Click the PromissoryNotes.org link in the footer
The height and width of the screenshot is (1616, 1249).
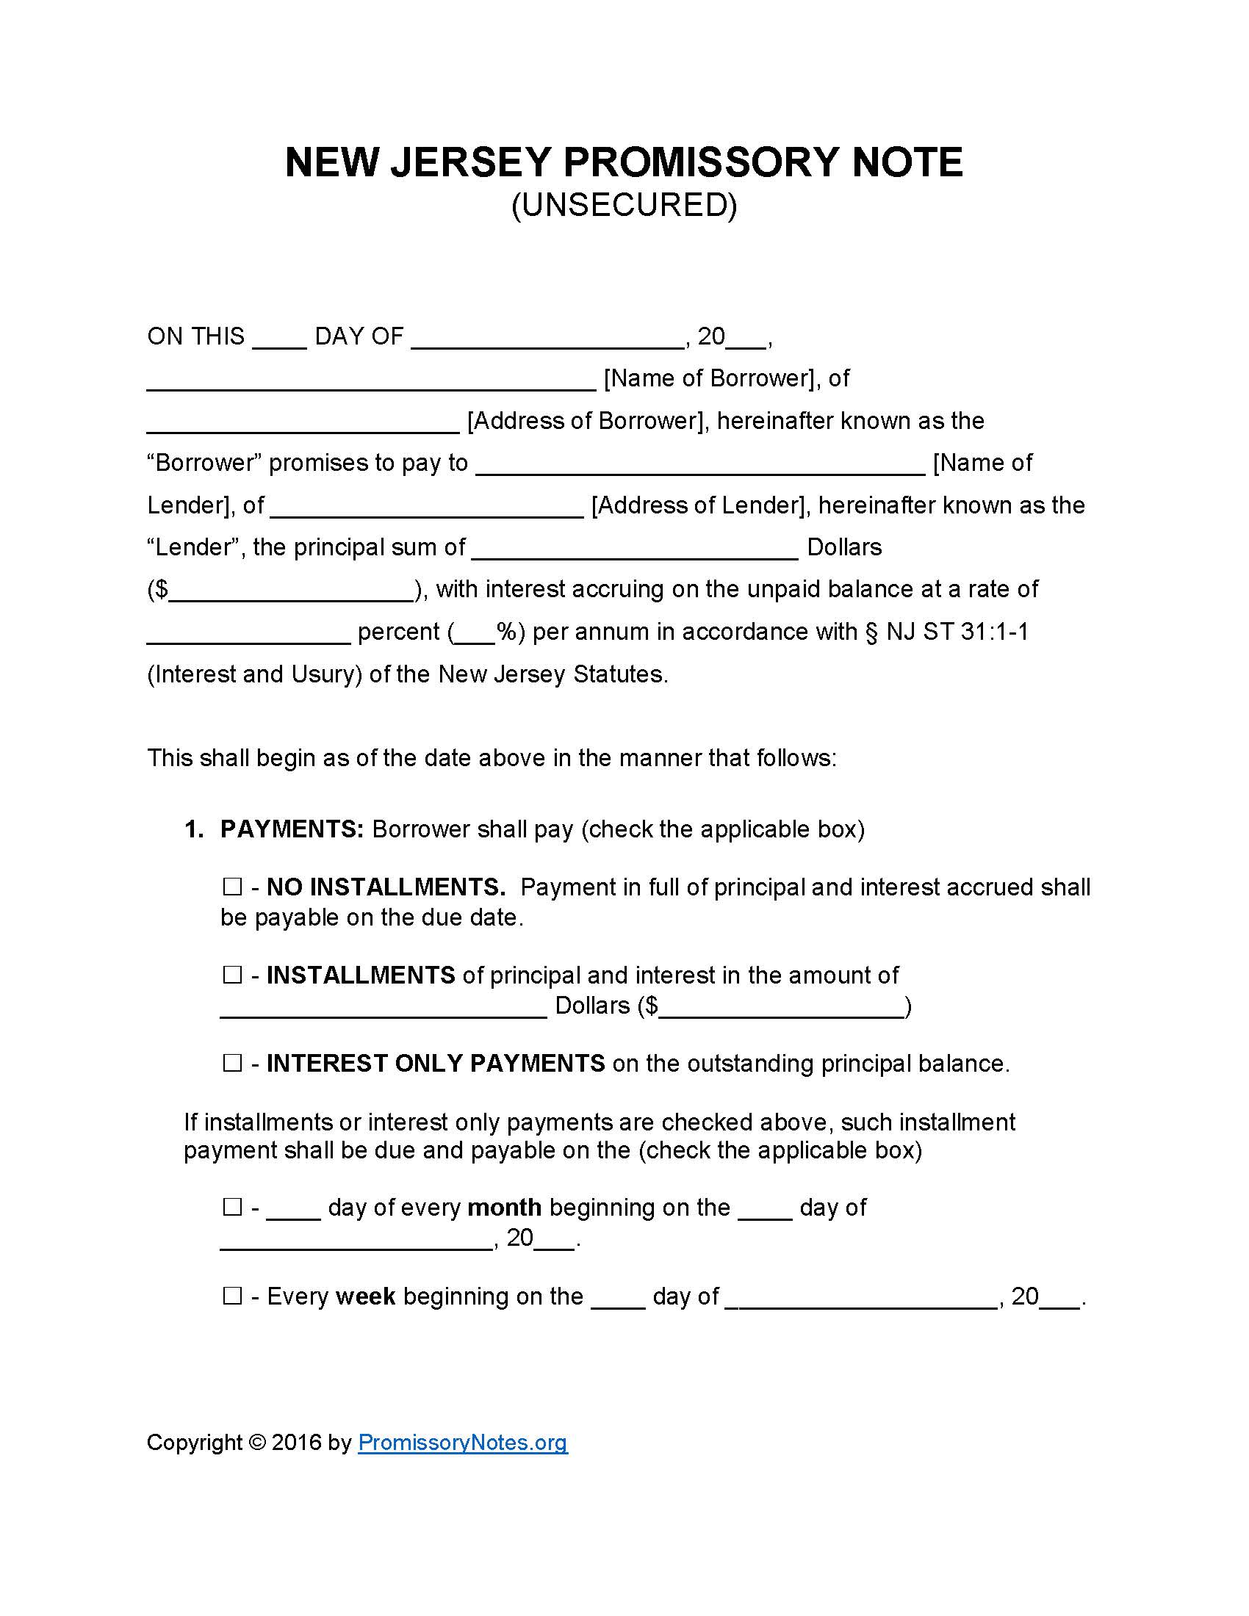(462, 1442)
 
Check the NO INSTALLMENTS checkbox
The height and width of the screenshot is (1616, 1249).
(232, 887)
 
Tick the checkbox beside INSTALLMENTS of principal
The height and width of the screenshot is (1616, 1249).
(232, 975)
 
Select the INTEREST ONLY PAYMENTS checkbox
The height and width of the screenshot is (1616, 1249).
(232, 1064)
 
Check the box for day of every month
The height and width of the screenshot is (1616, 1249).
(232, 1208)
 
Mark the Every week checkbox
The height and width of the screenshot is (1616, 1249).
(232, 1296)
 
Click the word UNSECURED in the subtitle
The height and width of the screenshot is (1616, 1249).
(624, 205)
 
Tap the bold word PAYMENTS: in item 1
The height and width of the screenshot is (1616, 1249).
(292, 829)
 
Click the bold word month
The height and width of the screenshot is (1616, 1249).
(505, 1208)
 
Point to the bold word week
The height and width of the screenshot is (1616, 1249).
(366, 1296)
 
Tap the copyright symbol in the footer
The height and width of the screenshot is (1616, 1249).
(256, 1442)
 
